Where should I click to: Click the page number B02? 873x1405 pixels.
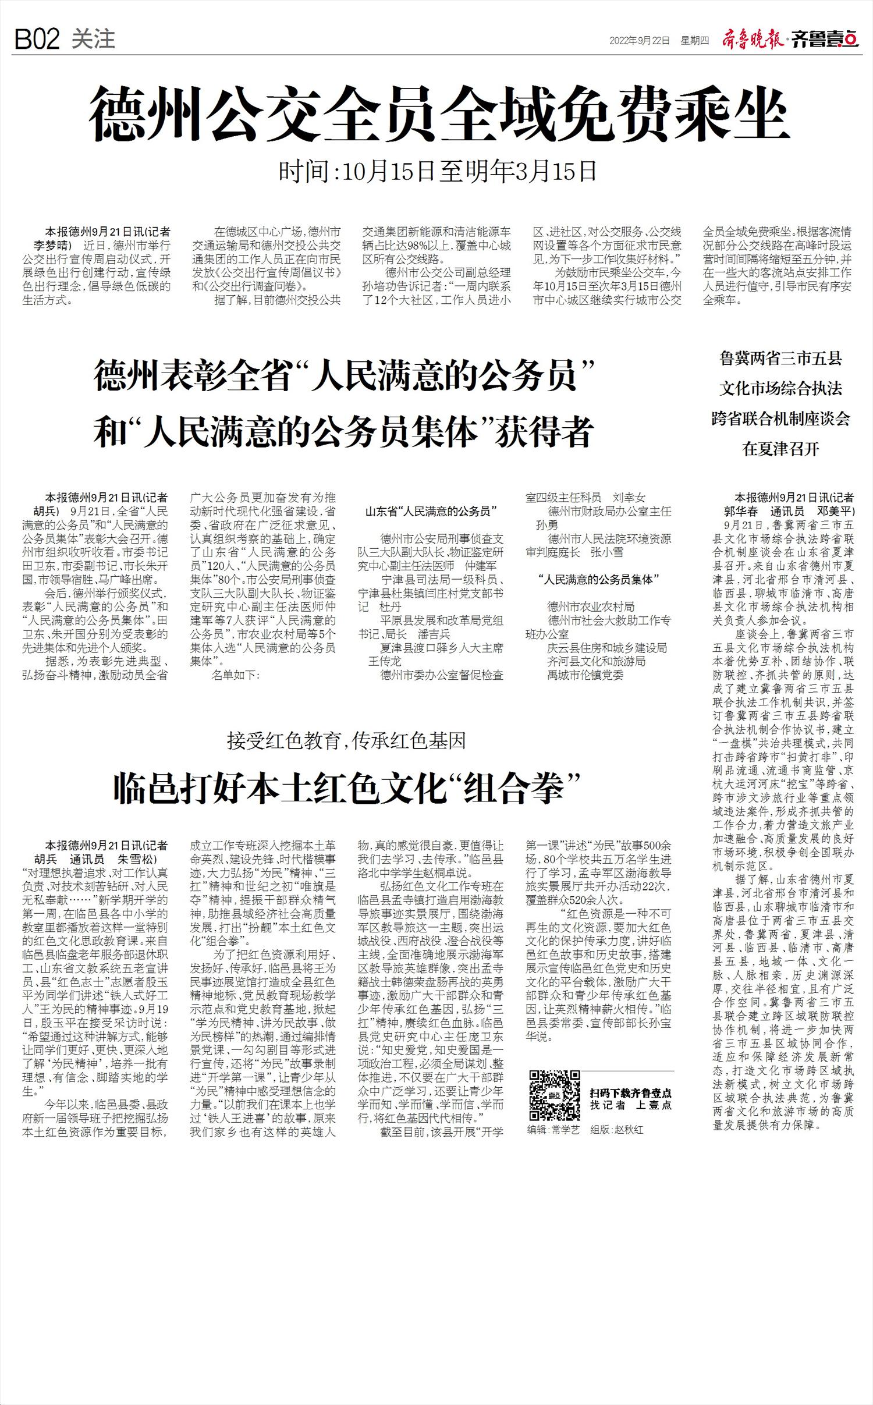tap(37, 40)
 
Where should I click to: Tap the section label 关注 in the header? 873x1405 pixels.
tap(93, 39)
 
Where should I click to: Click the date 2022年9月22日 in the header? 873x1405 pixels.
tap(639, 41)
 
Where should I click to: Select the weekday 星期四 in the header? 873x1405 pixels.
tap(695, 41)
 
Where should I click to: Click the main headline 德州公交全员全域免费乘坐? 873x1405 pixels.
tap(439, 114)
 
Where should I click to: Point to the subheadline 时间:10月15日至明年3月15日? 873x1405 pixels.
tap(438, 171)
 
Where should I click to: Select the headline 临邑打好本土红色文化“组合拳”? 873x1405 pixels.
tap(347, 788)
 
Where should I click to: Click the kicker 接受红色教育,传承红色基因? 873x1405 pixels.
tap(346, 741)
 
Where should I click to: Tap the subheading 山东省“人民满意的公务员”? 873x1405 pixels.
tap(430, 512)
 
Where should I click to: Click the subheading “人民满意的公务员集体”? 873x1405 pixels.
tap(598, 579)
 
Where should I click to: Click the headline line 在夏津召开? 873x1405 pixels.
tap(780, 449)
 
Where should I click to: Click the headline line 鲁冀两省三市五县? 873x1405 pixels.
tap(780, 359)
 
